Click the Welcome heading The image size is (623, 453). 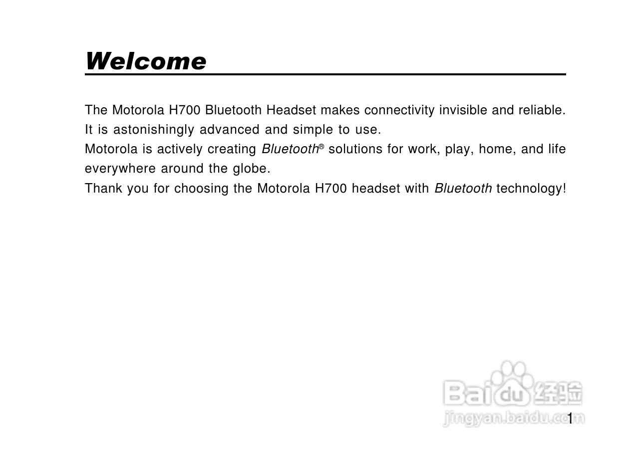146,61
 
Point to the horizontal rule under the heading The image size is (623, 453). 325,74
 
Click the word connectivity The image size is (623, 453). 399,110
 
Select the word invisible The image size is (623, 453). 463,110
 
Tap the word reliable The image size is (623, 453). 542,110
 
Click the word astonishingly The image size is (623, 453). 154,130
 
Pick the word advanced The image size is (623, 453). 230,130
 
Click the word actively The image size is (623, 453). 180,150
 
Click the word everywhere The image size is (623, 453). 120,169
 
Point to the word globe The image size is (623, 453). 252,169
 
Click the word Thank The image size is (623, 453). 103,188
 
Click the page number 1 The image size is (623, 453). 570,419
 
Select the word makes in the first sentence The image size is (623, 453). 340,110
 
